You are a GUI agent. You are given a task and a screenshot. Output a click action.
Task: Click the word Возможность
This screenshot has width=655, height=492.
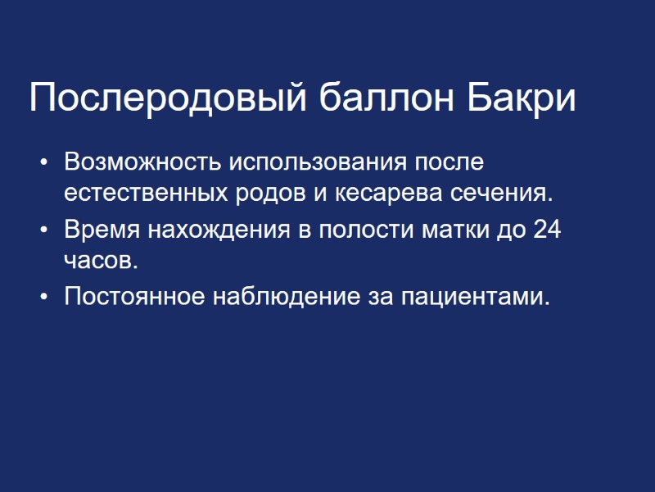coord(142,161)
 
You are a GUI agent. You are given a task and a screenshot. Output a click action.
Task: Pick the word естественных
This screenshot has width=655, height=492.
coord(143,194)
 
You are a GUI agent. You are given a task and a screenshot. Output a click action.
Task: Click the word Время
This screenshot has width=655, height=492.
coord(102,230)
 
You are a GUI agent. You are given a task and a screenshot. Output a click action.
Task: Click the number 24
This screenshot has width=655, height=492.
coord(546,230)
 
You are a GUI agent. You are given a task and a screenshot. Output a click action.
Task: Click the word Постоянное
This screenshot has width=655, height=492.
coord(135,296)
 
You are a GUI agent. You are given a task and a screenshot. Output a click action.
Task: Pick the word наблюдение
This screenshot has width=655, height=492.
coord(283,296)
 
